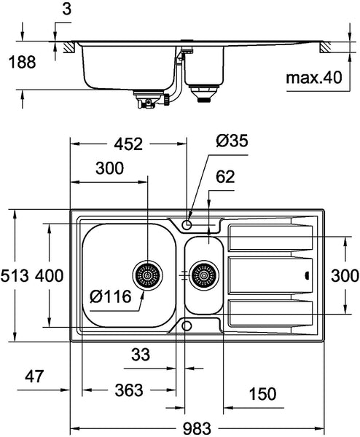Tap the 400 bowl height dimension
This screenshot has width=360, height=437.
point(48,276)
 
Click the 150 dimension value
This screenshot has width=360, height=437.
point(262,394)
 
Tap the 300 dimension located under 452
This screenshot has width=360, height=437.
point(109,169)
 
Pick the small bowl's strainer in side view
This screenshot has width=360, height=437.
point(203,92)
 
